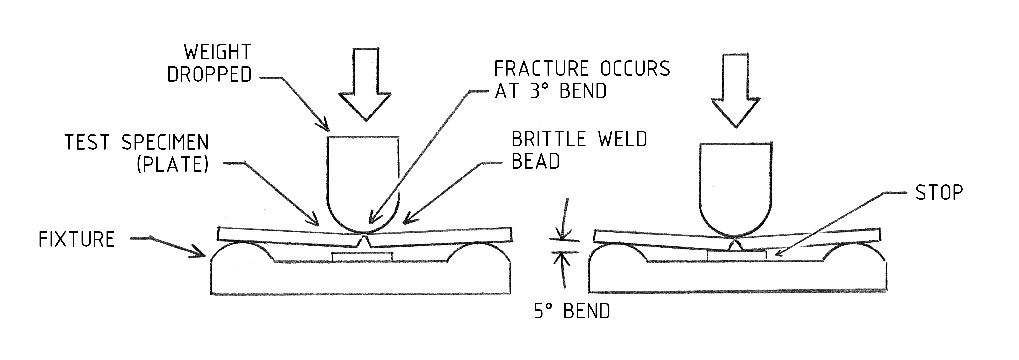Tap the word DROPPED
tap(210, 74)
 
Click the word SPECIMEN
tap(165, 142)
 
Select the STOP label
tap(939, 193)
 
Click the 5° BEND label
tap(572, 311)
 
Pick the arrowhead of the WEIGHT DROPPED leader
tap(325, 126)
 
